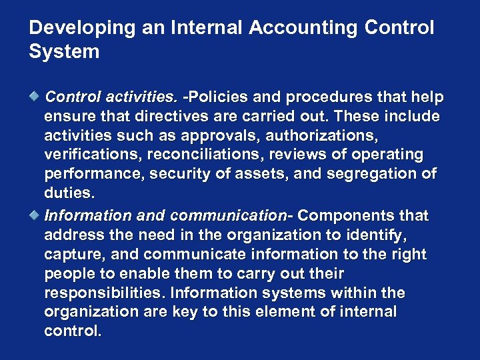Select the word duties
coord(68,194)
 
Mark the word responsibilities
coord(105,293)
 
